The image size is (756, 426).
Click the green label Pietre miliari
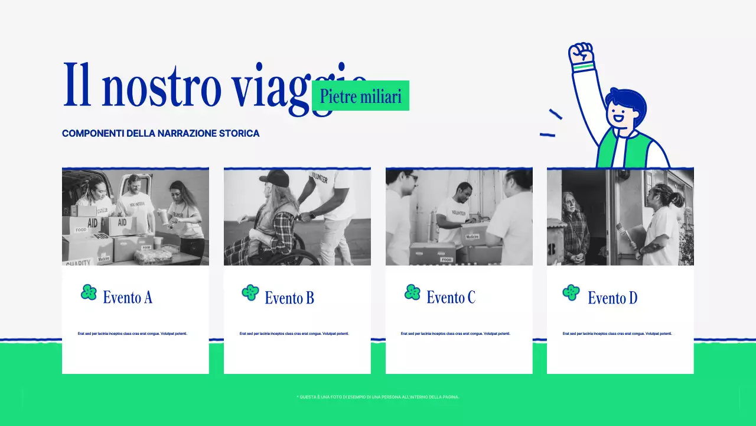(360, 96)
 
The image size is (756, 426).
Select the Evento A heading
(128, 297)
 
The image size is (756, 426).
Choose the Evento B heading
(289, 298)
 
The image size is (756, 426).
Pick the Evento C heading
(451, 297)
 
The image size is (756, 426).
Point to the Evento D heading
(612, 298)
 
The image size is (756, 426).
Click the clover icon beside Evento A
(89, 292)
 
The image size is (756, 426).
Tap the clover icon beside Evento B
(250, 292)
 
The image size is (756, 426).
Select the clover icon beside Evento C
(412, 292)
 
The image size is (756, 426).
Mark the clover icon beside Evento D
(571, 292)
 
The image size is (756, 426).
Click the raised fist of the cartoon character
(581, 54)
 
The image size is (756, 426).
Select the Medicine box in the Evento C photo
(472, 236)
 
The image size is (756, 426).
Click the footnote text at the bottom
(378, 397)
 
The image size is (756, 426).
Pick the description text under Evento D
(617, 334)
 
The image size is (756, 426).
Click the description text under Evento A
(132, 334)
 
